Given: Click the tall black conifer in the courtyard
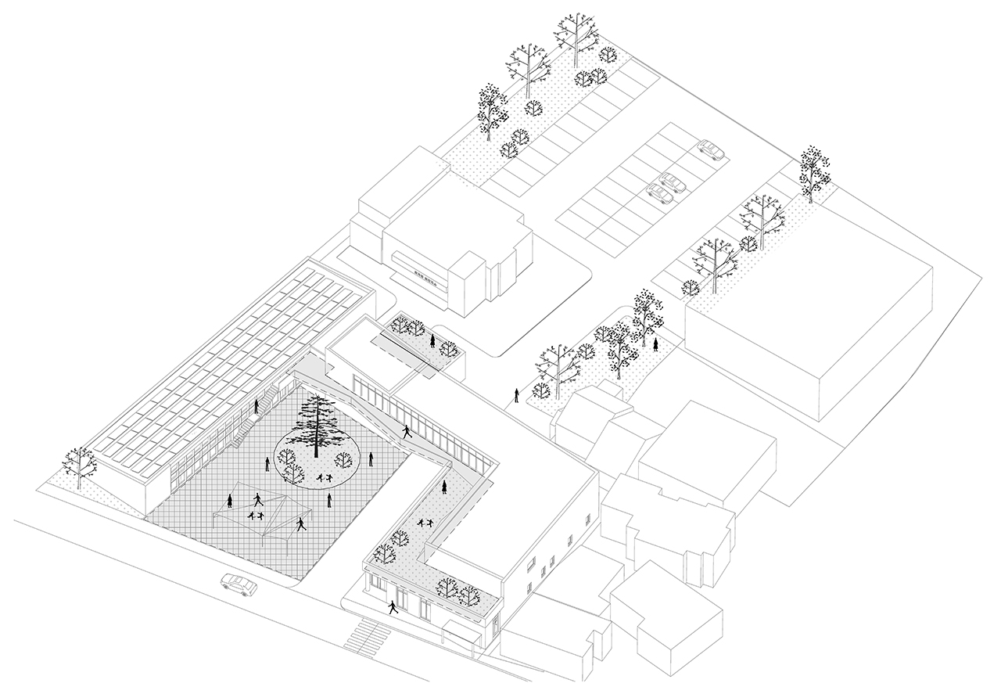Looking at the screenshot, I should tap(316, 423).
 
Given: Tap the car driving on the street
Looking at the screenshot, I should tap(239, 583).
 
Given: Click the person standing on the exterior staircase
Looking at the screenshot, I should tap(257, 406).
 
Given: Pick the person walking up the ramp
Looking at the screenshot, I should tap(407, 431).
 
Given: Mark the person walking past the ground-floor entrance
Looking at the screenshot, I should tap(392, 607).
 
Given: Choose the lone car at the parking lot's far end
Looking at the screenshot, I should tap(710, 149).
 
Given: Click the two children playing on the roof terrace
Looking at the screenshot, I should tap(425, 523).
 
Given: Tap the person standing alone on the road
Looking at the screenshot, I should tap(516, 396).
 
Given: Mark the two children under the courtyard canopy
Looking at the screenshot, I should tap(254, 515).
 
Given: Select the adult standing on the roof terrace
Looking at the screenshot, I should tap(444, 488).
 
